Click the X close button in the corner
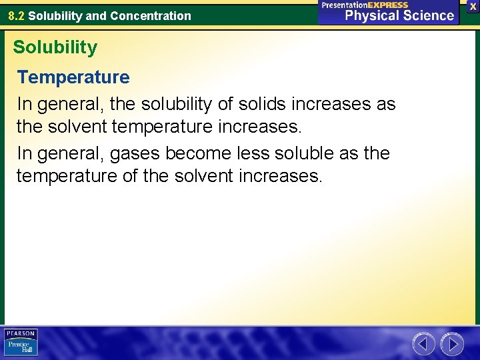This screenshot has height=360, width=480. click(x=473, y=6)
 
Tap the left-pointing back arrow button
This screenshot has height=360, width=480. click(x=423, y=344)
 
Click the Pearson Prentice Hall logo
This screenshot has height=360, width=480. click(x=21, y=343)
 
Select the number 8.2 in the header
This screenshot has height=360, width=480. click(x=16, y=15)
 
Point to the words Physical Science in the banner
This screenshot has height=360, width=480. click(x=399, y=15)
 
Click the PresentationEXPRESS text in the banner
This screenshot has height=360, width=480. click(x=365, y=5)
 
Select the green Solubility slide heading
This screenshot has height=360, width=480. click(x=55, y=47)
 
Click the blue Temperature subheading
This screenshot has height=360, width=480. click(x=73, y=77)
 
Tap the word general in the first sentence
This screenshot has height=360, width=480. click(x=68, y=105)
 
